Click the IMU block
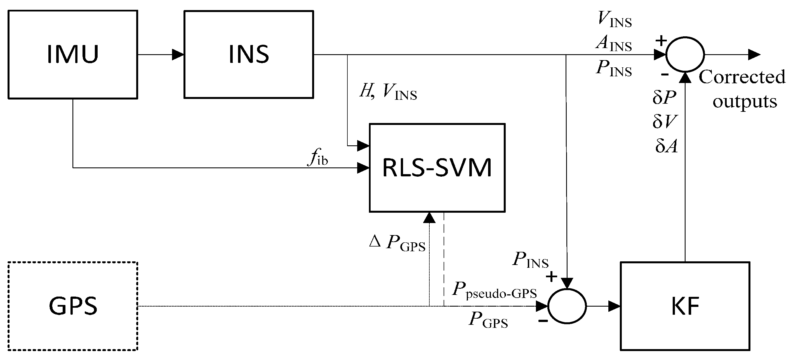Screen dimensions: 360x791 tap(72, 55)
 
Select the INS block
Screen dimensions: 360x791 tap(248, 55)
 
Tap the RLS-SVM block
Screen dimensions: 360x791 tap(437, 168)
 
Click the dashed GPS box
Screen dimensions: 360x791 tap(72, 306)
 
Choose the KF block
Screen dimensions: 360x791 tap(685, 306)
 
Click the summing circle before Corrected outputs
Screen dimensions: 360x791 tap(685, 55)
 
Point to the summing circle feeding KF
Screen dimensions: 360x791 tap(567, 306)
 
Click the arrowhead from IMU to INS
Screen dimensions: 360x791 tap(178, 55)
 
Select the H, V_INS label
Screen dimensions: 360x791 tap(388, 91)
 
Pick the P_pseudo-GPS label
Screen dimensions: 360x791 tap(495, 290)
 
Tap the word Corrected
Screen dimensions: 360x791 tap(742, 77)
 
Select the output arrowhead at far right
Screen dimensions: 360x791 tap(754, 55)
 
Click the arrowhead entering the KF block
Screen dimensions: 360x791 tap(614, 306)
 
